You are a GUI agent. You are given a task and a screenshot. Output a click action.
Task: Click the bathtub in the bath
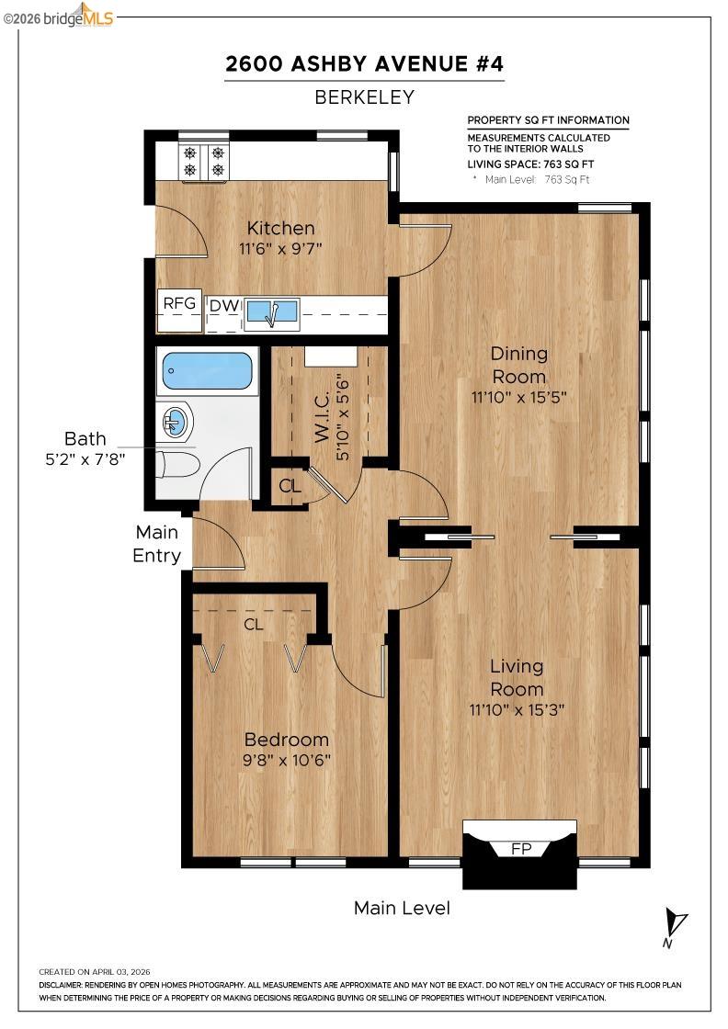pyautogui.click(x=207, y=372)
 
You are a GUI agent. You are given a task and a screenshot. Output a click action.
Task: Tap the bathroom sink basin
pyautogui.click(x=176, y=423)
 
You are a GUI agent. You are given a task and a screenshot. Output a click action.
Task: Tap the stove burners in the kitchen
pyautogui.click(x=204, y=162)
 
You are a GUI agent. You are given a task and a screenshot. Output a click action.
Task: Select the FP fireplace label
pyautogui.click(x=520, y=849)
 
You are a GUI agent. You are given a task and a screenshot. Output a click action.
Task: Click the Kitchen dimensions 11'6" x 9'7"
pyautogui.click(x=280, y=248)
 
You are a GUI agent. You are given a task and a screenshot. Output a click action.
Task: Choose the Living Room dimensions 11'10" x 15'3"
pyautogui.click(x=516, y=709)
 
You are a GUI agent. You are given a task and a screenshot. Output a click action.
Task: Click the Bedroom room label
pyautogui.click(x=286, y=740)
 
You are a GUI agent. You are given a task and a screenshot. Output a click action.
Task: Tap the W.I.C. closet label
pyautogui.click(x=323, y=421)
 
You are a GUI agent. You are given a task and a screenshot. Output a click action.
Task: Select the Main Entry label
pyautogui.click(x=156, y=544)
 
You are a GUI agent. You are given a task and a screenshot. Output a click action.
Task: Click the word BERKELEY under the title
pyautogui.click(x=365, y=97)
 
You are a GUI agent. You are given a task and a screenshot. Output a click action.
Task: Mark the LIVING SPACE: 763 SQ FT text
pyautogui.click(x=529, y=164)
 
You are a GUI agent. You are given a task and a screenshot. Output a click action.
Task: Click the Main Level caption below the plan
pyautogui.click(x=402, y=909)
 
